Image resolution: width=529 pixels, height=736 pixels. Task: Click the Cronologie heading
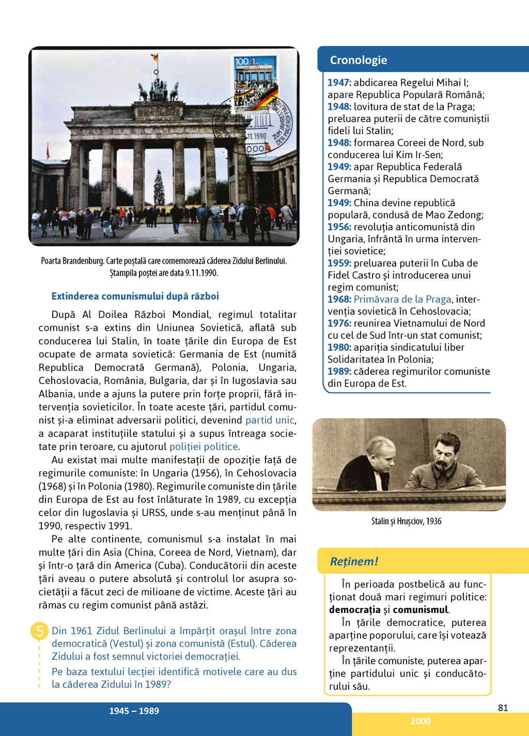tap(359, 60)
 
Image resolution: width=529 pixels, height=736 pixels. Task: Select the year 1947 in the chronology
tap(339, 83)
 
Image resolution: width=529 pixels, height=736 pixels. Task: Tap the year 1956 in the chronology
tap(339, 227)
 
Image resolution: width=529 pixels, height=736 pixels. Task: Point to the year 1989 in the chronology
tap(339, 371)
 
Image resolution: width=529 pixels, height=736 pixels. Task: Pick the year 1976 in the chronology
tap(339, 323)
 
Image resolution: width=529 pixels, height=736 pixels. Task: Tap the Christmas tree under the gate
tap(159, 188)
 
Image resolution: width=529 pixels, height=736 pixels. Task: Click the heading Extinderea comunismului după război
tap(135, 296)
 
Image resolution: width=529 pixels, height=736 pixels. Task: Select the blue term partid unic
tap(270, 420)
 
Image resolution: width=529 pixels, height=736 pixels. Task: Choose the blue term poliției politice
tap(204, 447)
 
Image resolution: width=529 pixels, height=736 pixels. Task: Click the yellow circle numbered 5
tap(39, 631)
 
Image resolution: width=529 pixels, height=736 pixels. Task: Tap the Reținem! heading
tap(354, 561)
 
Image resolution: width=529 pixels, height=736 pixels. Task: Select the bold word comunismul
tap(421, 609)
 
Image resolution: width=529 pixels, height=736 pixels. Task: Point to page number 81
tap(503, 708)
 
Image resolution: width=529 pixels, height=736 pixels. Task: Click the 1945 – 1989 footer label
tap(134, 711)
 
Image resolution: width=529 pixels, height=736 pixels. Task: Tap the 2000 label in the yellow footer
tap(421, 722)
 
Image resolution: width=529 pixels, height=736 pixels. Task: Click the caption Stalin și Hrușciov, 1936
tap(406, 521)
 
